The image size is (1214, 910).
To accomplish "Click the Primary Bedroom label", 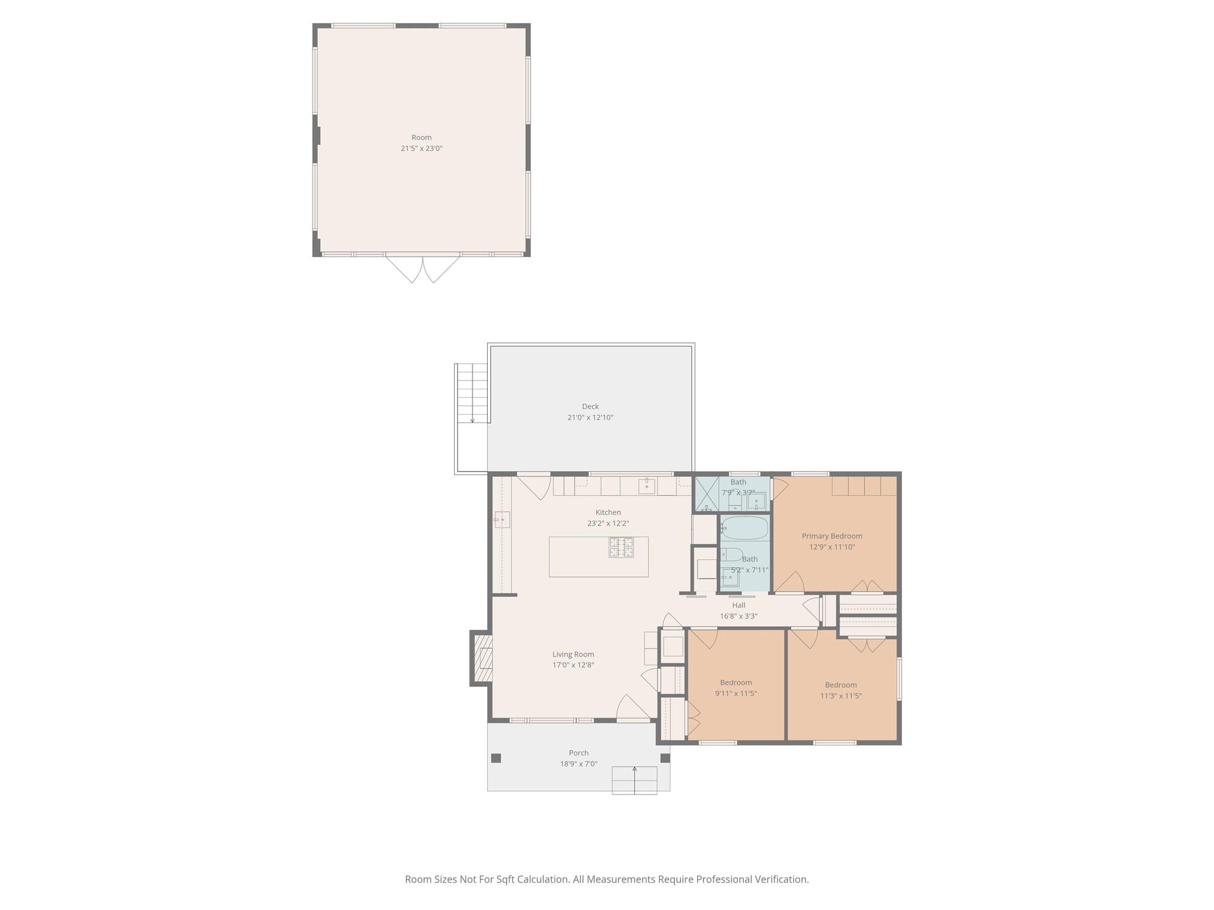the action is (x=832, y=536).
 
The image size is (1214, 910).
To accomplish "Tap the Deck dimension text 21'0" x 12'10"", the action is (x=590, y=418).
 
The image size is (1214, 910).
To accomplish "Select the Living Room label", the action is (x=573, y=655).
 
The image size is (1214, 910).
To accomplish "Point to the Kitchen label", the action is (x=608, y=512).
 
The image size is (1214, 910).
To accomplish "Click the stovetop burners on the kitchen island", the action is (x=621, y=547).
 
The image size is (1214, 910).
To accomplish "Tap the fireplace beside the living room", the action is (x=482, y=658).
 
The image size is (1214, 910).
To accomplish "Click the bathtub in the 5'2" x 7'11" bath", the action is (x=745, y=528).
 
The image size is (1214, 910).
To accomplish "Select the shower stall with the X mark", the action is (x=707, y=494).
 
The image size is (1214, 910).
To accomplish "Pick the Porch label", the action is (x=579, y=753).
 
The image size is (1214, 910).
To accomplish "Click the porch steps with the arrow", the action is (x=634, y=780).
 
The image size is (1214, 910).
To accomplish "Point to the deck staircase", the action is (x=472, y=393).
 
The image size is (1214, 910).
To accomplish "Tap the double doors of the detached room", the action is (x=423, y=269).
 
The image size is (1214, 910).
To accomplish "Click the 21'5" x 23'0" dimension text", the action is (x=421, y=149).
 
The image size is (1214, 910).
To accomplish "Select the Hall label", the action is (x=739, y=605).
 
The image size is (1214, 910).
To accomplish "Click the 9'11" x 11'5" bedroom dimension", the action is (x=736, y=694).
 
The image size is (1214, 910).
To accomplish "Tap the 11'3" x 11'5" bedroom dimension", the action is (x=841, y=696).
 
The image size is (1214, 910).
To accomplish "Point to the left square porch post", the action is (x=496, y=758).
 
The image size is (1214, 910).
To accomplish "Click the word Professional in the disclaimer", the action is (x=724, y=879).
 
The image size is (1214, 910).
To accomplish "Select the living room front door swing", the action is (x=634, y=707).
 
